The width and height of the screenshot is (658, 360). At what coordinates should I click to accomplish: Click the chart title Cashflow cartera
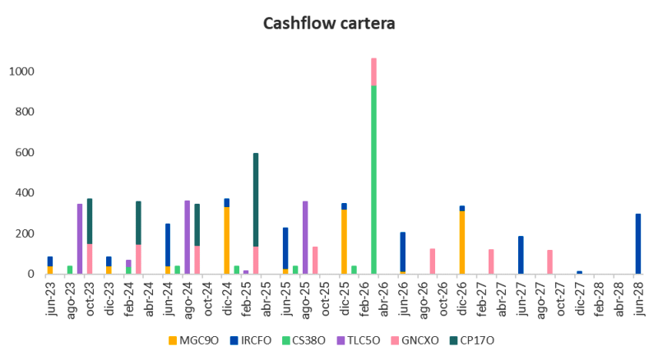pos(329,23)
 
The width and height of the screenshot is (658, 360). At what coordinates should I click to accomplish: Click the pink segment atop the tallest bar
pos(373,72)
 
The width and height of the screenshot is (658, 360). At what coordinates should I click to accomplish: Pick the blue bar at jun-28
pos(637,244)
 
